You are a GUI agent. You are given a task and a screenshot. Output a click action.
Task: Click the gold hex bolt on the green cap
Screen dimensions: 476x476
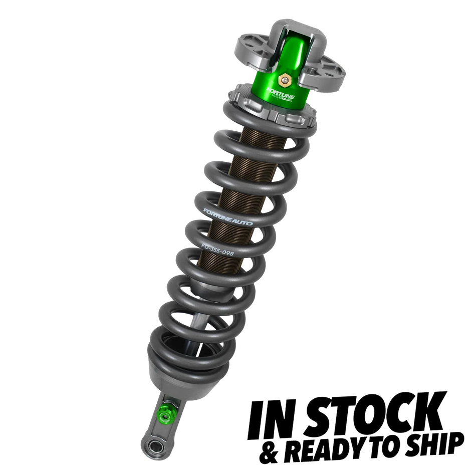284,79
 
